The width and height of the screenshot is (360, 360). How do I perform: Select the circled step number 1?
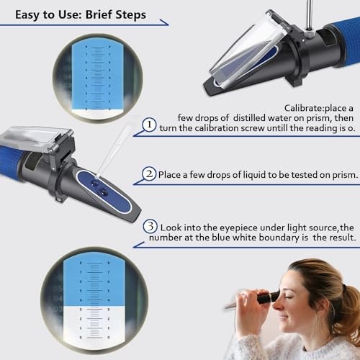[x=149, y=125]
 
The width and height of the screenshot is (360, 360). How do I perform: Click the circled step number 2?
[x=149, y=174]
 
